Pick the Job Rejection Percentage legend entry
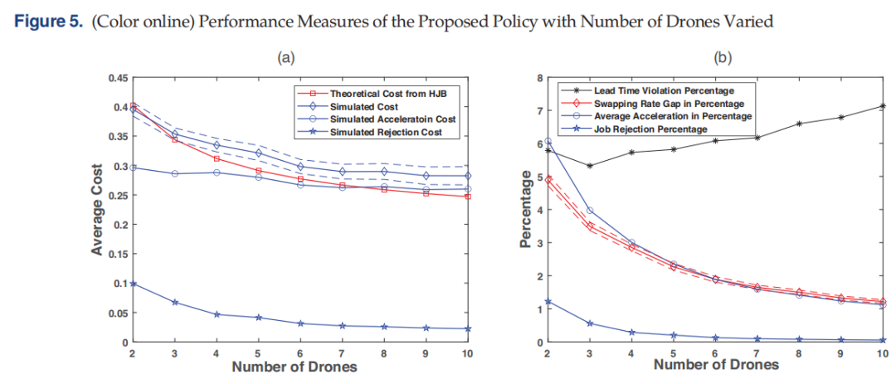tap(635, 129)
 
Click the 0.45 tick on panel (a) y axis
tap(118, 78)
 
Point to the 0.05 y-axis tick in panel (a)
tap(118, 314)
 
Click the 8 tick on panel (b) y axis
tap(538, 78)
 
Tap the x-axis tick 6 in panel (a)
tap(300, 353)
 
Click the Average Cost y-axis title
tap(97, 210)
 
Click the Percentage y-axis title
tap(526, 210)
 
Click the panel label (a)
tap(285, 57)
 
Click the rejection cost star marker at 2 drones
tap(134, 284)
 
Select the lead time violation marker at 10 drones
tap(883, 105)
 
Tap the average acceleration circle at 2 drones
tap(548, 140)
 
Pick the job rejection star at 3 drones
tap(590, 323)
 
